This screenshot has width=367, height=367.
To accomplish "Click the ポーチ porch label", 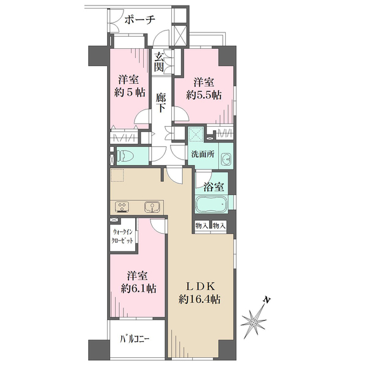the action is pyautogui.click(x=139, y=20).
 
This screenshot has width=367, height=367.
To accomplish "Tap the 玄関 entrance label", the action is pyautogui.click(x=158, y=62).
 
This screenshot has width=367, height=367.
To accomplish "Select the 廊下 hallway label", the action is pyautogui.click(x=161, y=103).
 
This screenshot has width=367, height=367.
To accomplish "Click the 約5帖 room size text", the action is pyautogui.click(x=130, y=93).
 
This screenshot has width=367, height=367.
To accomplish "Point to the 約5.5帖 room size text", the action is pyautogui.click(x=204, y=95).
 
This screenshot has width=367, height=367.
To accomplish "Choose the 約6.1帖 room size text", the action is pyautogui.click(x=138, y=288).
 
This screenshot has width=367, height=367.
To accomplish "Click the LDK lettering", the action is pyautogui.click(x=200, y=286).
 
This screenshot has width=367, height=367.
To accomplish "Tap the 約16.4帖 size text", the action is pyautogui.click(x=199, y=299).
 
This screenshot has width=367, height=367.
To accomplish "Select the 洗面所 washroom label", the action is pyautogui.click(x=202, y=154).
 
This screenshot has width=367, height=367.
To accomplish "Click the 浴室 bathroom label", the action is pyautogui.click(x=213, y=187).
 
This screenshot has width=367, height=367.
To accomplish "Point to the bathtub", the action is pyautogui.click(x=212, y=204).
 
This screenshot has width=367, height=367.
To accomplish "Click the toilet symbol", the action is pyautogui.click(x=125, y=155).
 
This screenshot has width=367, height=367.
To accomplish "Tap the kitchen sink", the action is pyautogui.click(x=152, y=207).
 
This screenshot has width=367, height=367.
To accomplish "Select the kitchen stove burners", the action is pyautogui.click(x=122, y=207).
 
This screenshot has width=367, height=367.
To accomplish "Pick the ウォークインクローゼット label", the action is pyautogui.click(x=123, y=236).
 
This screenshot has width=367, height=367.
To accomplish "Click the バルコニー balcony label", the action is pyautogui.click(x=135, y=339).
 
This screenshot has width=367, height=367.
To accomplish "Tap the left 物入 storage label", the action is pyautogui.click(x=202, y=226).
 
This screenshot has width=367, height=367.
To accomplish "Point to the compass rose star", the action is pyautogui.click(x=253, y=322).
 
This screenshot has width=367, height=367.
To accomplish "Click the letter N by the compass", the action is pyautogui.click(x=266, y=300).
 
